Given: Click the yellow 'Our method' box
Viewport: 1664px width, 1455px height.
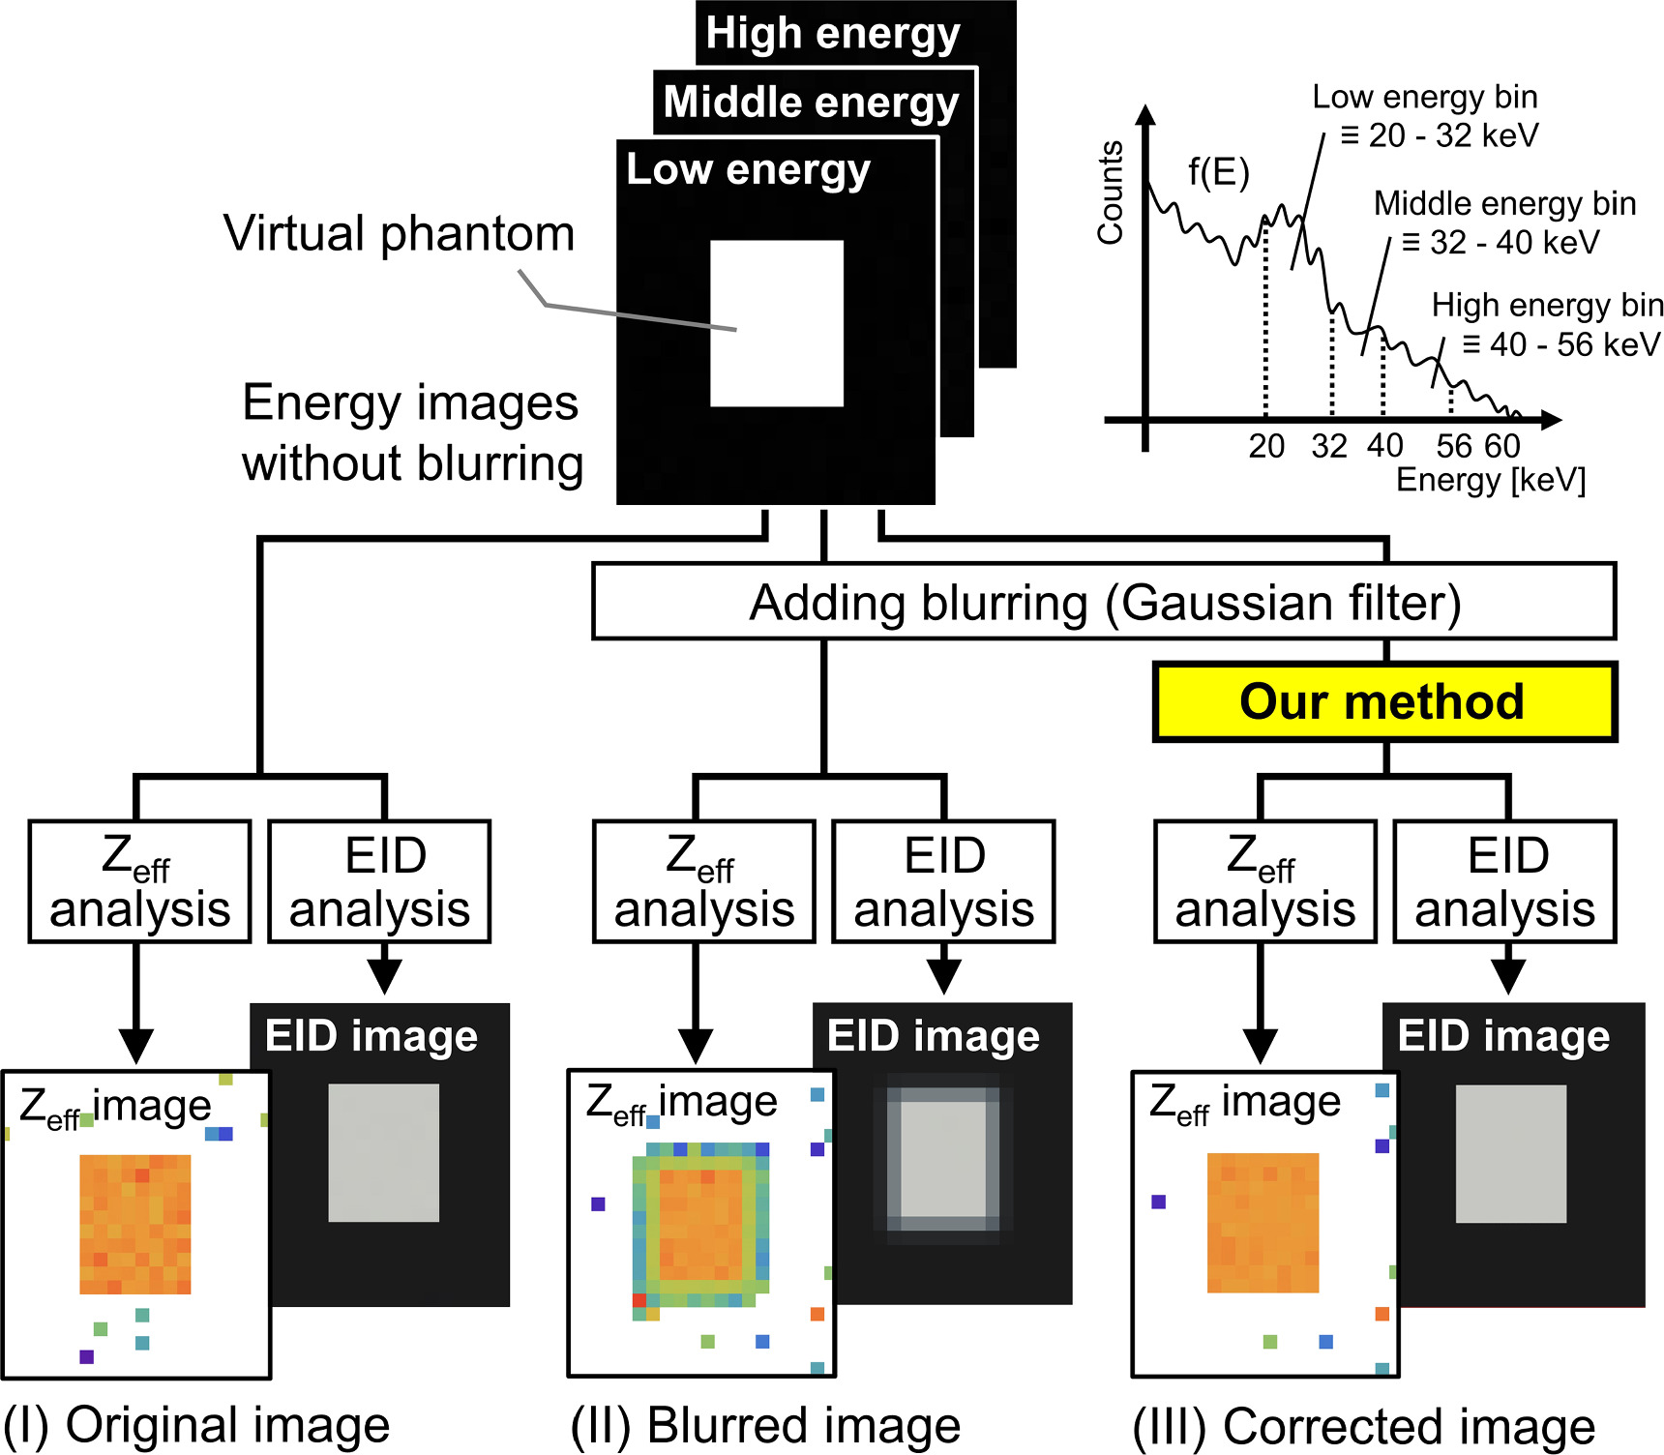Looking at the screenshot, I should pyautogui.click(x=1383, y=702).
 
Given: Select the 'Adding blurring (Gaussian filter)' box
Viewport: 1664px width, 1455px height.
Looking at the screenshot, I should pyautogui.click(x=1103, y=603).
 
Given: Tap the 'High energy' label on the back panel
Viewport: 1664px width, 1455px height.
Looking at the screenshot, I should pyautogui.click(x=833, y=34).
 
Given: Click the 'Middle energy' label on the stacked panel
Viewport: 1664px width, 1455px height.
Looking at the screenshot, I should pyautogui.click(x=811, y=102).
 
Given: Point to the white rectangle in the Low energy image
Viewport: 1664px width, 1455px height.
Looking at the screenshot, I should pyautogui.click(x=777, y=323).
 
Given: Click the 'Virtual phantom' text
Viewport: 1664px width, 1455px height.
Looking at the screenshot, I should pyautogui.click(x=399, y=234).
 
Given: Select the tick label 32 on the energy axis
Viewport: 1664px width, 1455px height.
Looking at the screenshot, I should pyautogui.click(x=1329, y=446).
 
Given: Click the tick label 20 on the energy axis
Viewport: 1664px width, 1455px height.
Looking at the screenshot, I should pyautogui.click(x=1266, y=446).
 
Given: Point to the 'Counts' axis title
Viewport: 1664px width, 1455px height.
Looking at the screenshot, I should pyautogui.click(x=1111, y=193).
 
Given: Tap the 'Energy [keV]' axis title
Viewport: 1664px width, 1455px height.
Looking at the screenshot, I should pyautogui.click(x=1490, y=480).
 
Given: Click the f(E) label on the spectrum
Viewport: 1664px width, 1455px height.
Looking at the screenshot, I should pyautogui.click(x=1219, y=172).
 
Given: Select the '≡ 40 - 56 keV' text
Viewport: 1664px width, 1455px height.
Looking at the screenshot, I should pyautogui.click(x=1560, y=344).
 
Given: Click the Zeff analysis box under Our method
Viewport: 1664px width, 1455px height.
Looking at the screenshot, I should pyautogui.click(x=1264, y=881).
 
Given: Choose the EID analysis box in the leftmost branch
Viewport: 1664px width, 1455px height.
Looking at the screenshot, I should pyautogui.click(x=379, y=881).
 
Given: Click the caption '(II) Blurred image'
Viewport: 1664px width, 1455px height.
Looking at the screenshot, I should pyautogui.click(x=765, y=1426).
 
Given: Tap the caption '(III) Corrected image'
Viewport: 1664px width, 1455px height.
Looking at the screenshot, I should pyautogui.click(x=1364, y=1426).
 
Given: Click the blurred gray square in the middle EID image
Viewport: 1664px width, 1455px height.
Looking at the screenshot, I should pyautogui.click(x=943, y=1159).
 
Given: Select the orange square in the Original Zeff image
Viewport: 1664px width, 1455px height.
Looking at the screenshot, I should pyautogui.click(x=135, y=1224).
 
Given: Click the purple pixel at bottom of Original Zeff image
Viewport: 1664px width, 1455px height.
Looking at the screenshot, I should pyautogui.click(x=86, y=1356).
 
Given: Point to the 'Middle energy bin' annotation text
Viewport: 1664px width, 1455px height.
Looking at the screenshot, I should pyautogui.click(x=1504, y=204).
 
